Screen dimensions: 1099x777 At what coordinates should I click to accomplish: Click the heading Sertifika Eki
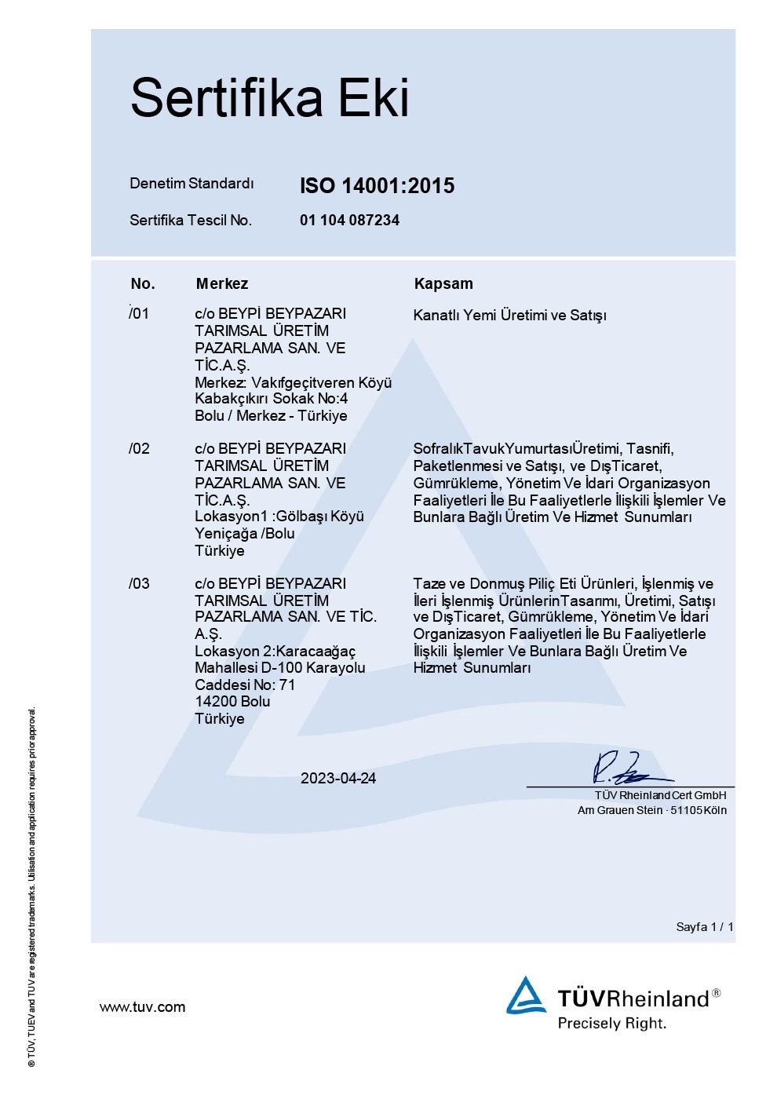(269, 98)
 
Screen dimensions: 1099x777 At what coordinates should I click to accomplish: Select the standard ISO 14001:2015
(377, 186)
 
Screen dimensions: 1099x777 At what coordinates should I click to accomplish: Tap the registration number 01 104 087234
(349, 221)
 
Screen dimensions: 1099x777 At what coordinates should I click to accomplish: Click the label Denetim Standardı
(192, 184)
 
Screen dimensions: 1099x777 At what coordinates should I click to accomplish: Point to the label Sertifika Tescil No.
(191, 221)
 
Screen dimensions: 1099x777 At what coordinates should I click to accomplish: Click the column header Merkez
(222, 283)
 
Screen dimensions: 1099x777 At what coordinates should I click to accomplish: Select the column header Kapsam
(443, 283)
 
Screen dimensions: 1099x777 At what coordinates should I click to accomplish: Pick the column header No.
(143, 283)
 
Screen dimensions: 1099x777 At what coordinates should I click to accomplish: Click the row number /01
(139, 314)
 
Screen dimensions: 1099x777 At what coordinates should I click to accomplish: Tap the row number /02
(139, 449)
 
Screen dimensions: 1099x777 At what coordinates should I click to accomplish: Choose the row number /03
(139, 584)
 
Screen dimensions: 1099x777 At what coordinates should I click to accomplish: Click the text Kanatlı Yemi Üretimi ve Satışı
(510, 316)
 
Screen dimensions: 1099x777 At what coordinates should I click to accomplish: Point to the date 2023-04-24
(338, 779)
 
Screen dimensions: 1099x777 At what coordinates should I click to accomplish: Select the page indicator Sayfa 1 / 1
(705, 927)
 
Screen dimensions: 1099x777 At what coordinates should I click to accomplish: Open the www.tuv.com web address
(142, 1007)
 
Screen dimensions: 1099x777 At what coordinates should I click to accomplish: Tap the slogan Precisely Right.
(611, 1024)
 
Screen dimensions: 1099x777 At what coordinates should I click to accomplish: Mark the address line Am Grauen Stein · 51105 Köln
(651, 810)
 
